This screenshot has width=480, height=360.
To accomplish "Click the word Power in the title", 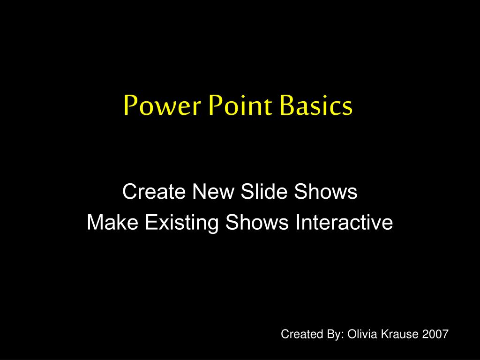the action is coord(163,105).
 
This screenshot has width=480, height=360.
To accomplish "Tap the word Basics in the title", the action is coord(316,105).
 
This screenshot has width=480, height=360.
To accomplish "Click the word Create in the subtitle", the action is coord(154,192).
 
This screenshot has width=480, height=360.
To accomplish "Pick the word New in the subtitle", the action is coord(213,192).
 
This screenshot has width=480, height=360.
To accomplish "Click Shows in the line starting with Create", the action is coord(326,191).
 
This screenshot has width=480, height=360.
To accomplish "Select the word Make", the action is coord(112,222).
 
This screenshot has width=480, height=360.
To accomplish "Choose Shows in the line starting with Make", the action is coord(257,222).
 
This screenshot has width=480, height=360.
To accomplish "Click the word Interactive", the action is coord(344,222).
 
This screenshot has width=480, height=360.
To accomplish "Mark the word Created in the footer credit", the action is coord(302,334).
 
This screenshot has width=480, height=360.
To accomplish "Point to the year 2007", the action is coord(435,334).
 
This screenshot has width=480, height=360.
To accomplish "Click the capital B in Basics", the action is coord(287,105).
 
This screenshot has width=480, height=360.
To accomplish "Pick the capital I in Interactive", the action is coord(298,222).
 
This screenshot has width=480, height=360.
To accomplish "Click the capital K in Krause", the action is coord(385,334).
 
